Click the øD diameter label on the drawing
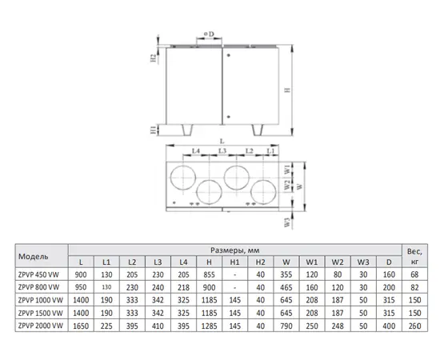(x=209, y=34)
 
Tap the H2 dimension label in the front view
(x=154, y=58)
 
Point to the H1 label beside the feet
(x=154, y=130)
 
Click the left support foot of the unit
(x=187, y=130)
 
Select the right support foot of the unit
(x=258, y=130)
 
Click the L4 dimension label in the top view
(x=195, y=151)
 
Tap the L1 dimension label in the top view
(x=270, y=151)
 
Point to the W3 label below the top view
(x=286, y=222)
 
